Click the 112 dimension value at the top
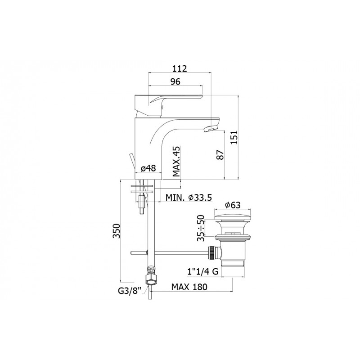[x=180, y=69]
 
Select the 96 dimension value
[x=175, y=82]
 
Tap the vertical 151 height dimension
[x=234, y=137]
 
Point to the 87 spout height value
[x=220, y=155]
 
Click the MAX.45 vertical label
[x=176, y=161]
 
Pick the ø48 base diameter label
[x=148, y=168]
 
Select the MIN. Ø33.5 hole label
[x=189, y=197]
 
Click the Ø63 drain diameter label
[x=233, y=205]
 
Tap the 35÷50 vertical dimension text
[x=201, y=228]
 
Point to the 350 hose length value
[x=117, y=231]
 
